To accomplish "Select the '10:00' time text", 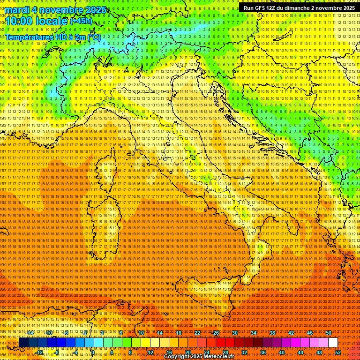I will (19, 21).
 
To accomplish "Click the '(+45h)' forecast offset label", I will (81, 21).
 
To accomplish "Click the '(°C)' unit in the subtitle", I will (94, 37).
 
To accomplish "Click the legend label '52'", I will (338, 352).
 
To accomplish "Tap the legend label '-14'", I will (30, 333).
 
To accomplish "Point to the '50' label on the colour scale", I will (329, 333).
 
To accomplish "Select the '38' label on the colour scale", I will (272, 333).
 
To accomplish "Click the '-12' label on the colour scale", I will (39, 352).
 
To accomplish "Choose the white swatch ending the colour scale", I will (333, 343).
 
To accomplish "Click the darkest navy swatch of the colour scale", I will (23, 343).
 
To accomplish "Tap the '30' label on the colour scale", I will (235, 333).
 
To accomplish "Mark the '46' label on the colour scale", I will (310, 333).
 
